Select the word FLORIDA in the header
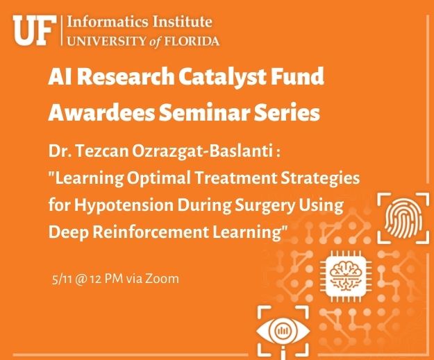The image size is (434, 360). point(192,41)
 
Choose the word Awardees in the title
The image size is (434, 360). point(101,112)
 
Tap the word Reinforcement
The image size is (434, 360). point(150,232)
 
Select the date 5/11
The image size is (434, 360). point(62,279)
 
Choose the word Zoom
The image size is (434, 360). point(162,279)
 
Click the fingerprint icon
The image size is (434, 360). point(403,218)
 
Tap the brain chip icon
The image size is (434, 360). point(346,276)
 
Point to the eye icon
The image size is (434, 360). point(283,331)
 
